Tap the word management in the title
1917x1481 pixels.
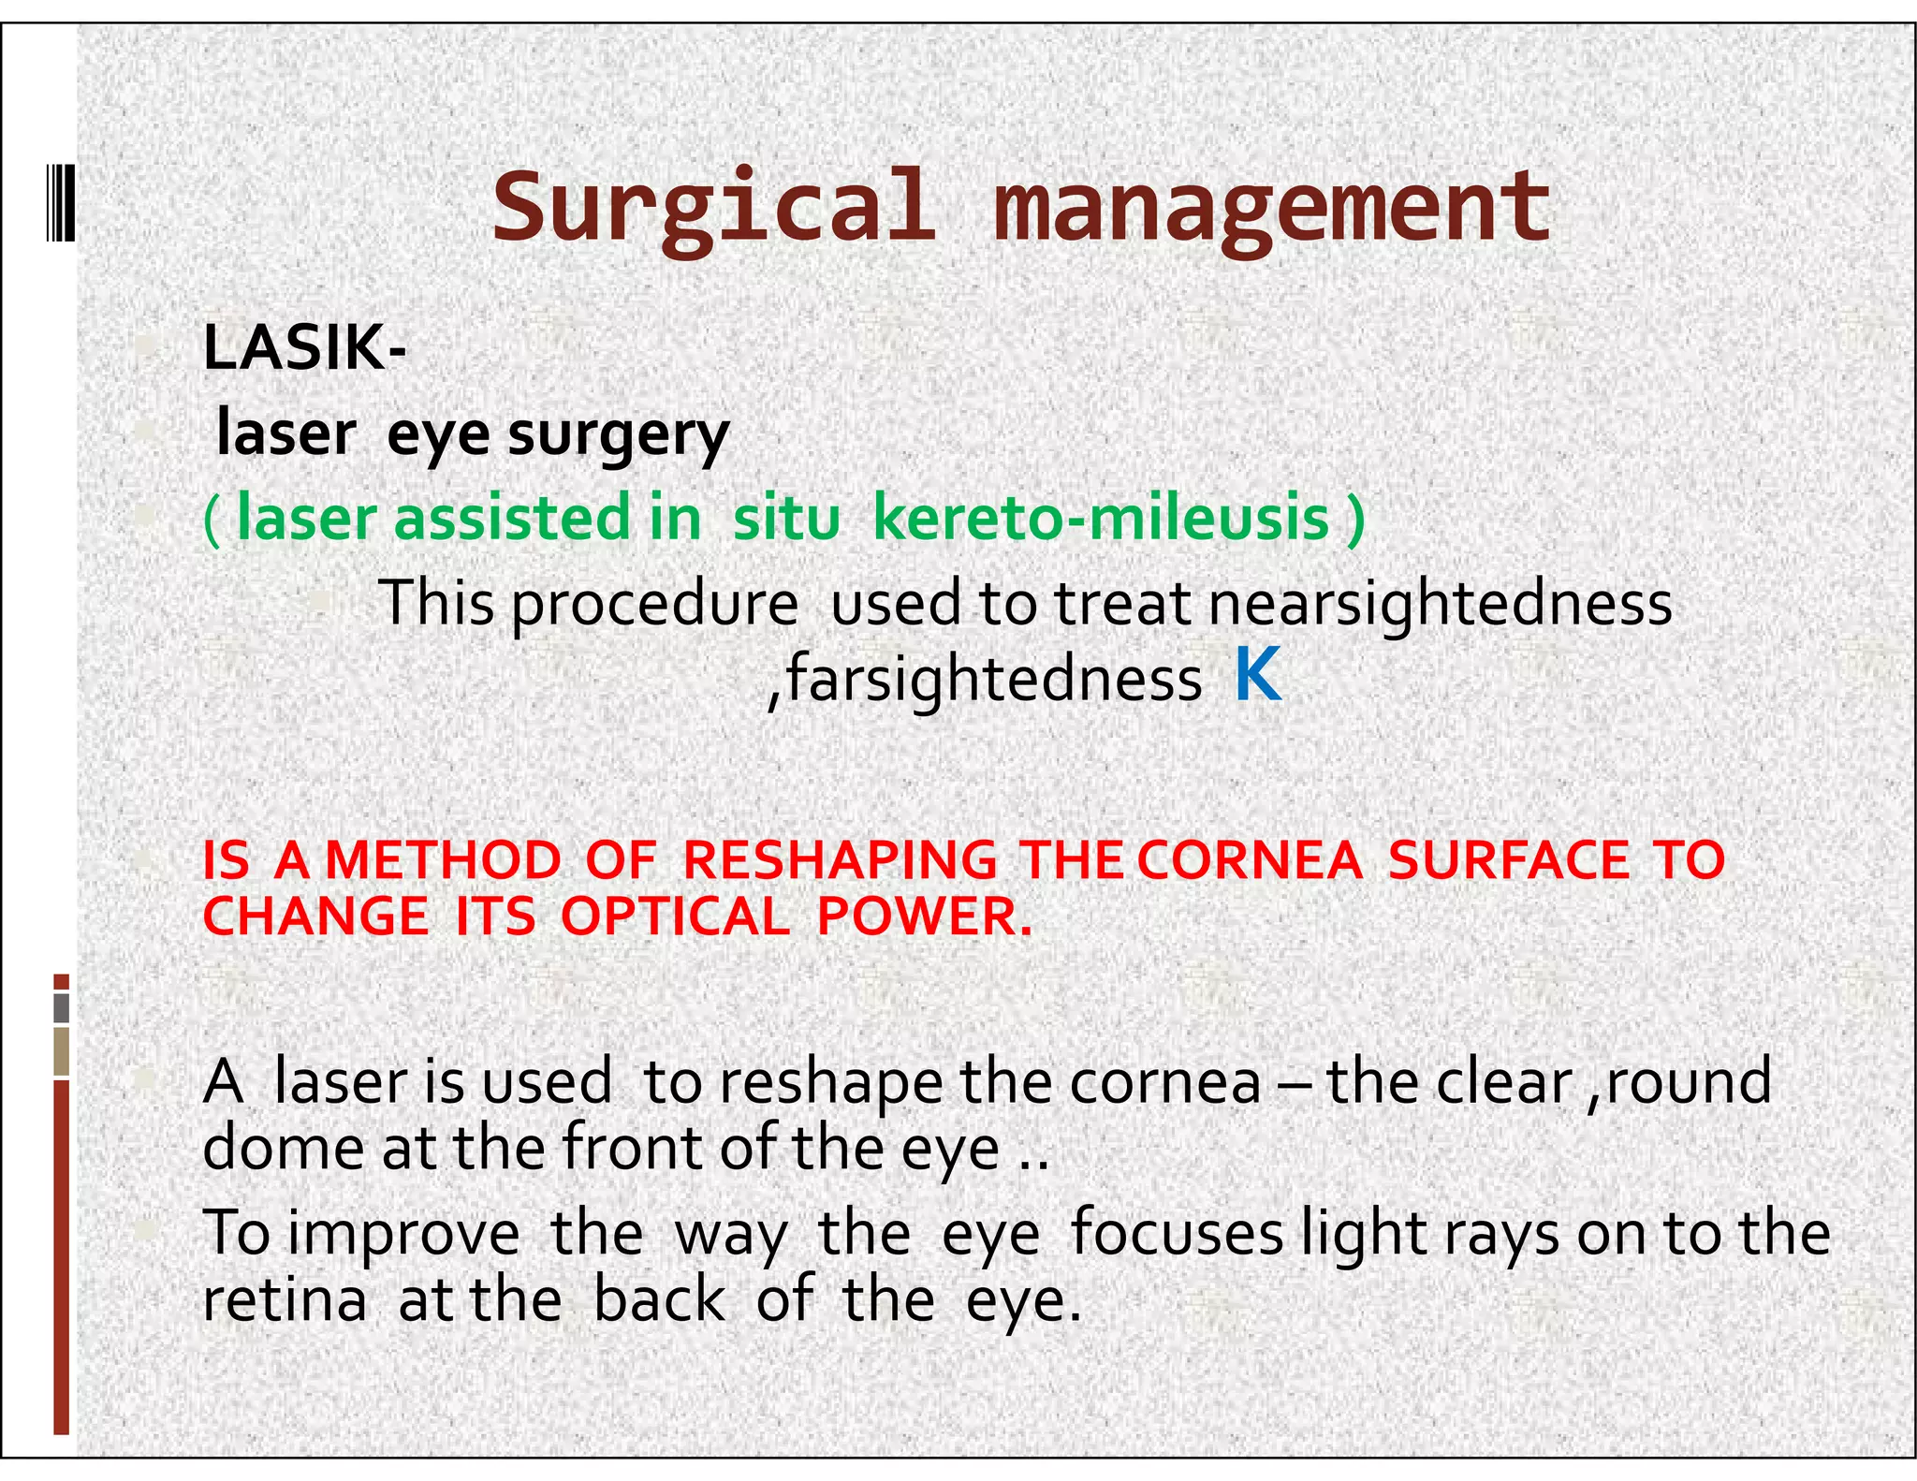pos(1271,208)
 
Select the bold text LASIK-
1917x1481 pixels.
pos(304,347)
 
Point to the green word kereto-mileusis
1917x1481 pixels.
pos(1101,518)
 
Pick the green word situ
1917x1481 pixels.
pos(786,518)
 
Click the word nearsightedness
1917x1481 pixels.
pos(1440,603)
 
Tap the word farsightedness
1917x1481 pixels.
pos(994,680)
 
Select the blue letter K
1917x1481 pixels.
pos(1257,674)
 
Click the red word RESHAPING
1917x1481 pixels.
pos(840,859)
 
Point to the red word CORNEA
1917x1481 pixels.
pos(1250,859)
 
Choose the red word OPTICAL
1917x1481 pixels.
pos(675,916)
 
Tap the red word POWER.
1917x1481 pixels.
pos(924,916)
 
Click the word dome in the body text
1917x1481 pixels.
pos(282,1148)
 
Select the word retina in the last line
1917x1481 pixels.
pos(285,1300)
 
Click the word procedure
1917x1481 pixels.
pos(654,605)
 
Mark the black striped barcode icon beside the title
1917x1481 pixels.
pos(61,202)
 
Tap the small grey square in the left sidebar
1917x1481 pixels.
pos(62,1008)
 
